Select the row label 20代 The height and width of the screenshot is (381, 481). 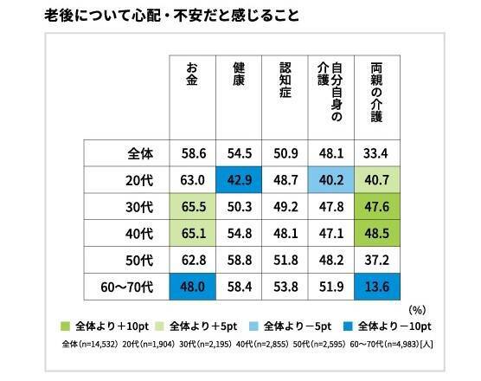[139, 179]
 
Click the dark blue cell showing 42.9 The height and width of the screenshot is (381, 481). [239, 179]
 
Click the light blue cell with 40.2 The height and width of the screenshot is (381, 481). [332, 179]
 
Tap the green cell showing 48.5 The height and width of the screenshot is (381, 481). [378, 233]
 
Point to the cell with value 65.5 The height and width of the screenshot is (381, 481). [192, 206]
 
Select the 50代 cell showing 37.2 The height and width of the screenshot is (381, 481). [378, 260]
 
